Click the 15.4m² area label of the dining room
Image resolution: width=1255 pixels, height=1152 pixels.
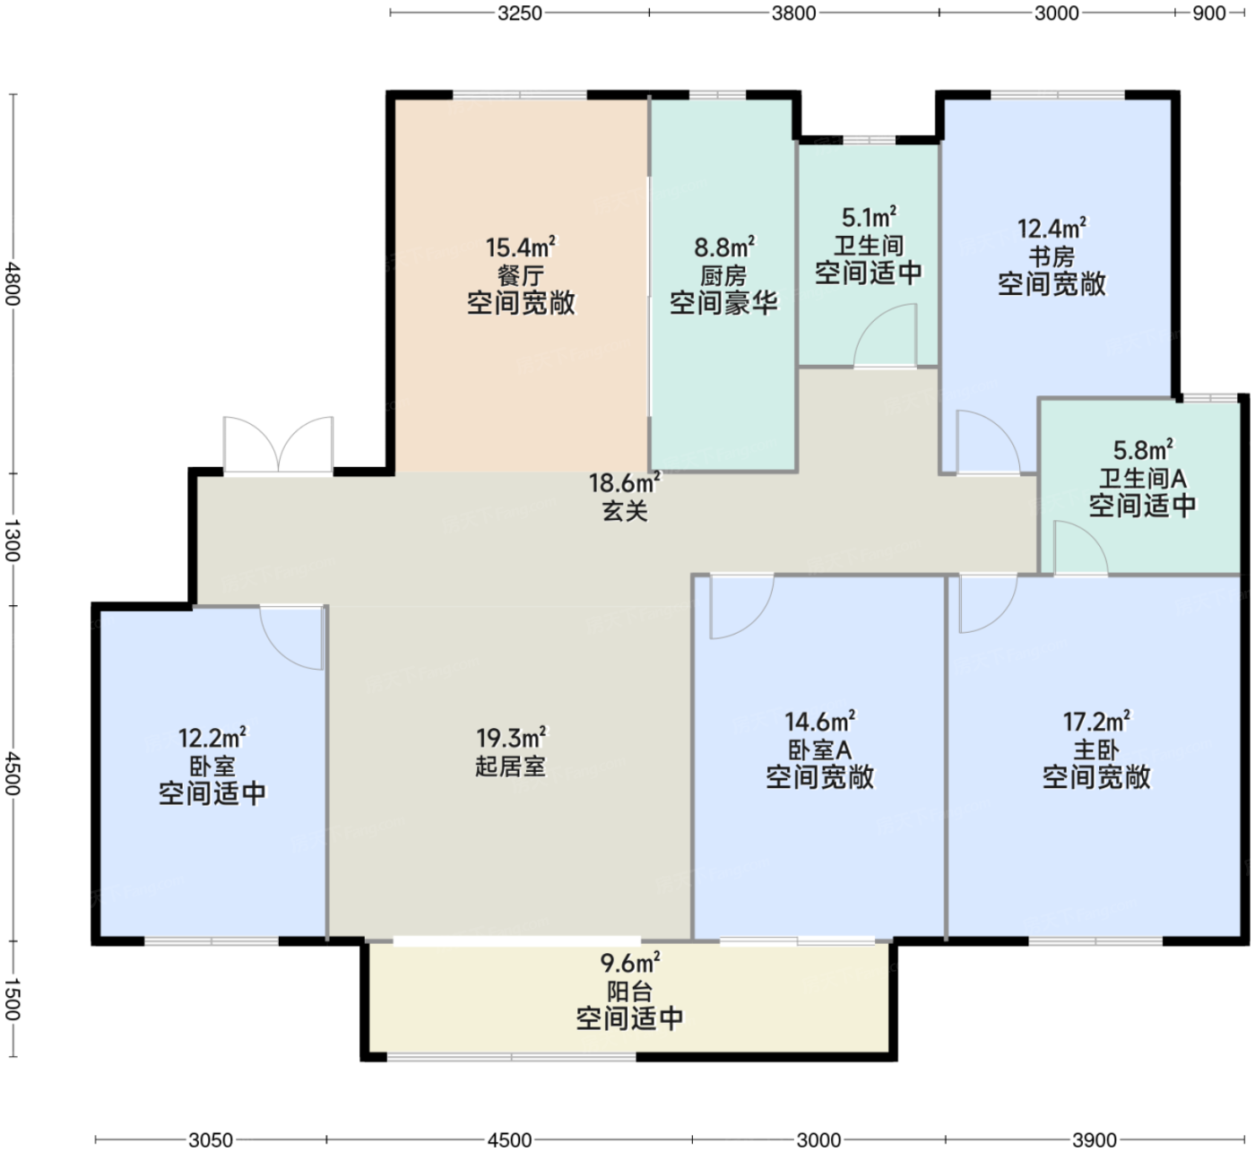pos(521,247)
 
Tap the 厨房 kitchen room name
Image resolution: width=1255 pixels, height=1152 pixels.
pos(723,276)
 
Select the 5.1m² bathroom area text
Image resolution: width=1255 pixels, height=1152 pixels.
pos(869,217)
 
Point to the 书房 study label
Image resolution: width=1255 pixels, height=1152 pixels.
pos(1052,256)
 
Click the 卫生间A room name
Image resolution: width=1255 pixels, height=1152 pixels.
pos(1142,478)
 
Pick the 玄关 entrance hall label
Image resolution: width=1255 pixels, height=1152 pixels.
pos(625,511)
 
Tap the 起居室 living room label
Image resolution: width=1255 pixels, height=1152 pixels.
pos(510,766)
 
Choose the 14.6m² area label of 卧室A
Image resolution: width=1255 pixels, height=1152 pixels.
pos(819,722)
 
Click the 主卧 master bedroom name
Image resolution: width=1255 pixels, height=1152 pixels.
pos(1096,749)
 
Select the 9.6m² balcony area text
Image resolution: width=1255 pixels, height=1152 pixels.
pos(630,963)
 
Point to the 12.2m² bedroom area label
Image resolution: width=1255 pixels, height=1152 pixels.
pos(212,738)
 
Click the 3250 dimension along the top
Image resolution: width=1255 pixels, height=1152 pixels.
pos(519,13)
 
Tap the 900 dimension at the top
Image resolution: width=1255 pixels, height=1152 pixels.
pos(1208,13)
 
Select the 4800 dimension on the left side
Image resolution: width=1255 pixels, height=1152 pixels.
pos(13,282)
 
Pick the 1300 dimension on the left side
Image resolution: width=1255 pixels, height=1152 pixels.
pos(13,540)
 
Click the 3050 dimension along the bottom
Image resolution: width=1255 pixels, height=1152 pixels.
pos(211,1140)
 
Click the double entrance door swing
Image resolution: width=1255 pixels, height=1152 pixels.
pos(279,445)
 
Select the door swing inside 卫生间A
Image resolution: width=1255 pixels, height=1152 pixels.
pos(1080,546)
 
